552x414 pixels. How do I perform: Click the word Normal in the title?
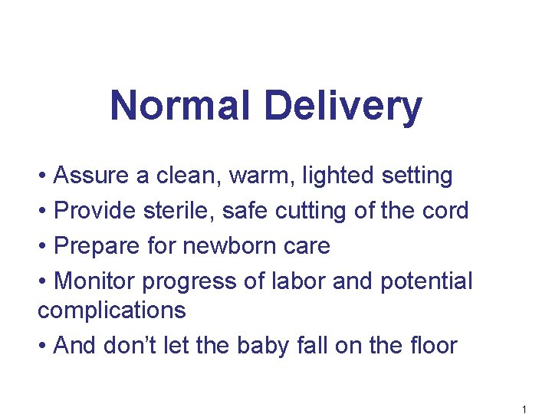pos(181,106)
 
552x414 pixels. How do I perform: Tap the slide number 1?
pos(524,409)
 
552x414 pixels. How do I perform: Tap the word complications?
pos(112,310)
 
